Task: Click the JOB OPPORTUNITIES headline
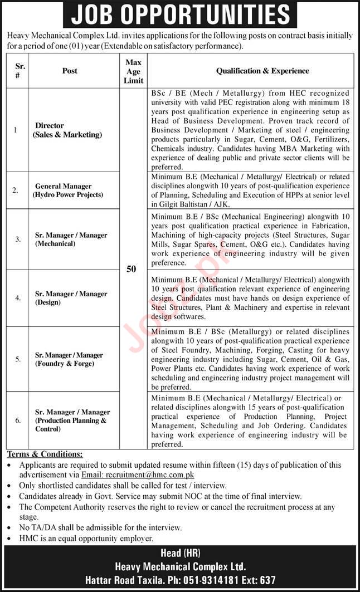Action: [180, 14]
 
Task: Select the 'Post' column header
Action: [70, 71]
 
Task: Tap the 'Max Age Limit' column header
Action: [133, 71]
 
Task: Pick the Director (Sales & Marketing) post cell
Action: [67, 130]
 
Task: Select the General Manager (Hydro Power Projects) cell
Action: [69, 190]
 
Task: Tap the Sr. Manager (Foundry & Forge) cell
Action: [69, 359]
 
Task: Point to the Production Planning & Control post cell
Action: [72, 420]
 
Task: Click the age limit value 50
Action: [132, 269]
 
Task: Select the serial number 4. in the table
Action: [18, 298]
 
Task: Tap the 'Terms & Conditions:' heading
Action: [45, 454]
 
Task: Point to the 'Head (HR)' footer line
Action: [180, 553]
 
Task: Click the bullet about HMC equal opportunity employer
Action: [86, 538]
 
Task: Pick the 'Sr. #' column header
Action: [18, 71]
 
